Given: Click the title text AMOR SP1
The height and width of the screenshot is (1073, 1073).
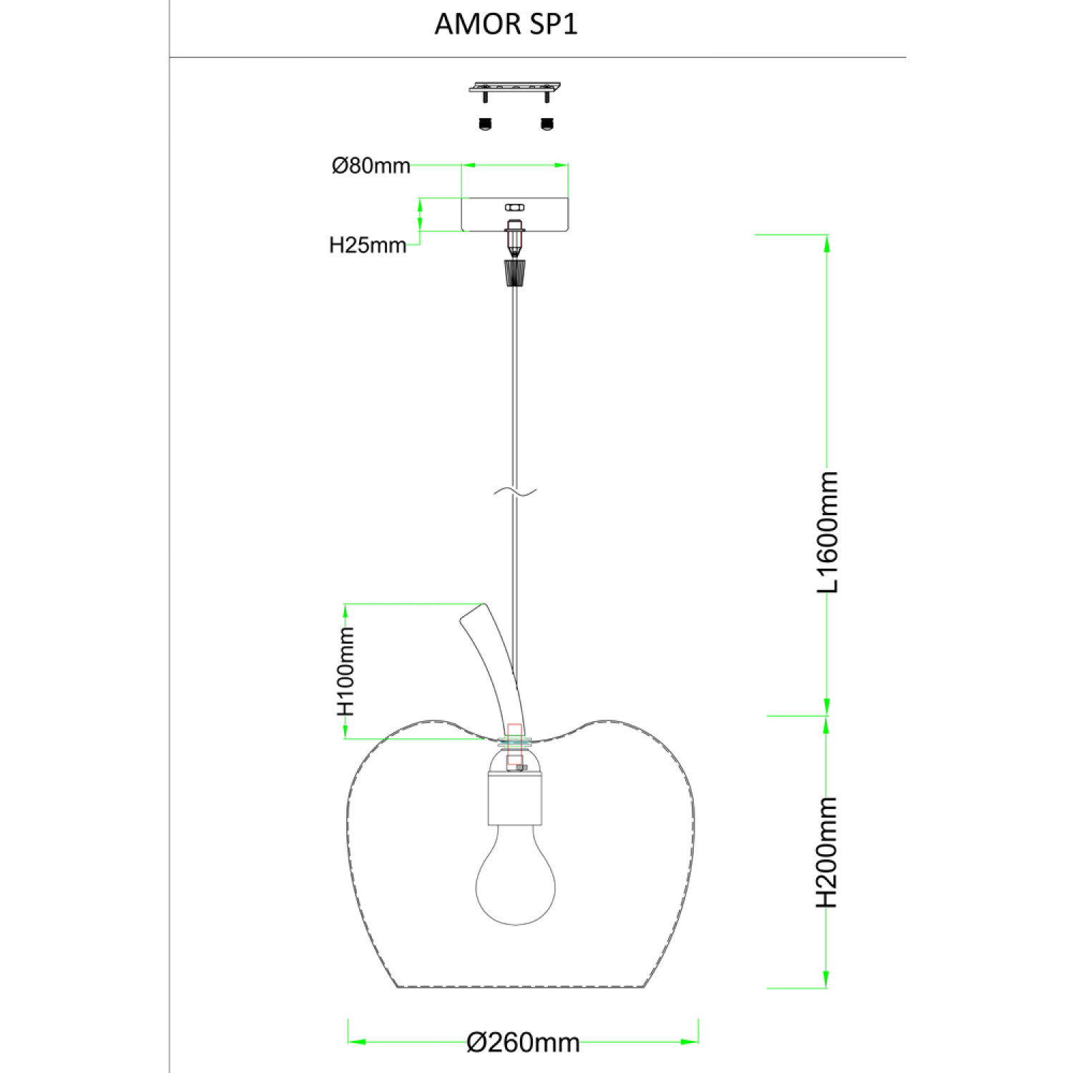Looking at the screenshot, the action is [506, 24].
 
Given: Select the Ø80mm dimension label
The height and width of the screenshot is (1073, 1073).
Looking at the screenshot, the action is [371, 166].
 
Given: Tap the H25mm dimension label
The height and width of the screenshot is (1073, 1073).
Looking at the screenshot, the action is [368, 245].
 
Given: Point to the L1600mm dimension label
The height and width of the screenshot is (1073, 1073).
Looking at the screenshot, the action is [828, 531].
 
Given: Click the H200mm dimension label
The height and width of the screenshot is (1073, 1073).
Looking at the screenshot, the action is [828, 852].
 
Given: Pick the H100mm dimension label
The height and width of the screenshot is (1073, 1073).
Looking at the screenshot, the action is [346, 671].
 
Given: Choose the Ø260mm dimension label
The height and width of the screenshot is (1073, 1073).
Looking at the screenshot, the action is [523, 1042].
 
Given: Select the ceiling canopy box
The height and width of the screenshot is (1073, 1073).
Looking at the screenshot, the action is [515, 215].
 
